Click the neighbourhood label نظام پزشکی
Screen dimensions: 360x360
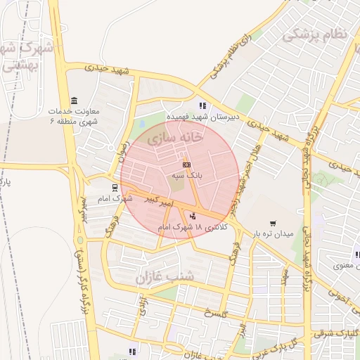(x=314, y=34)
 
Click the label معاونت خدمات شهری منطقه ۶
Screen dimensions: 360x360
(x=75, y=116)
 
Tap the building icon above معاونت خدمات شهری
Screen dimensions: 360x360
(x=75, y=100)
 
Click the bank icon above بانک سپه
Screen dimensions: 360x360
(x=186, y=165)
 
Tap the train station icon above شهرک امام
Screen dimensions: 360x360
(x=114, y=188)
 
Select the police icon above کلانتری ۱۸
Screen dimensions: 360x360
(x=193, y=216)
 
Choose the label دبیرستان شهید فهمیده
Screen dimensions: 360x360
(x=202, y=117)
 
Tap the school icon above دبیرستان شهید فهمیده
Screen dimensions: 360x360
(x=202, y=105)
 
